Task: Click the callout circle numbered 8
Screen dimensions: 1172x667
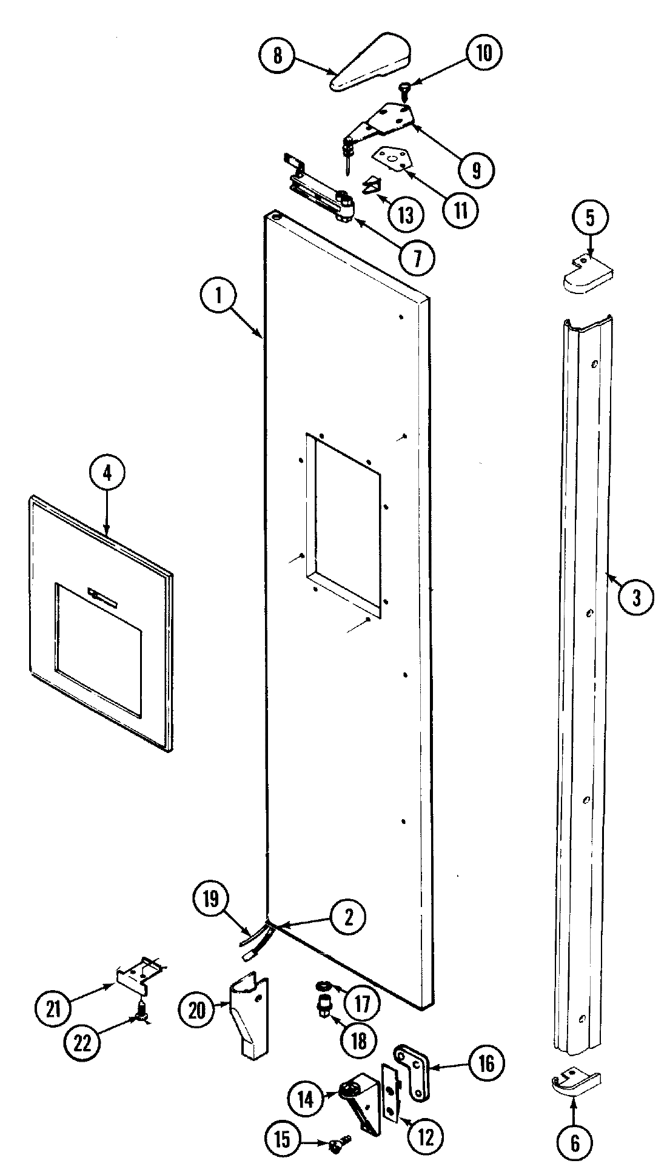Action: click(277, 55)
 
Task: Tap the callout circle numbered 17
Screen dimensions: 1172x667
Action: click(362, 1004)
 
